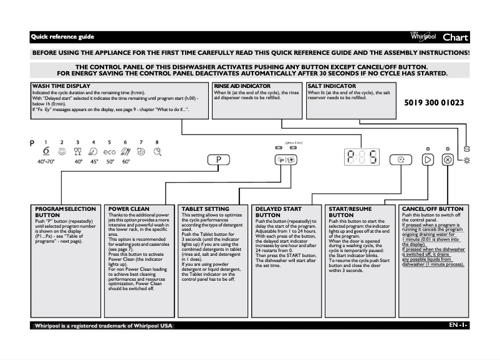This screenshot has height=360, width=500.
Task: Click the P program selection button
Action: (219, 160)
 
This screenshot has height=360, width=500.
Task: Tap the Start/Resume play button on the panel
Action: (427, 160)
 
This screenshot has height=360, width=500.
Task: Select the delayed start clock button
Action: (400, 160)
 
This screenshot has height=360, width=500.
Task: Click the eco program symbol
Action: (110, 152)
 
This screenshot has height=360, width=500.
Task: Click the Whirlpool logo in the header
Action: (423, 37)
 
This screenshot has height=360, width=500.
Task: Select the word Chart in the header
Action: (455, 37)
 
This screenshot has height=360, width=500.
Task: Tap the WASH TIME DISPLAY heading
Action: (61, 85)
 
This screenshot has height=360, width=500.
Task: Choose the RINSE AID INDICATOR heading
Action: (242, 85)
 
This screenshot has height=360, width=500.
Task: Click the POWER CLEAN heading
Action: (128, 209)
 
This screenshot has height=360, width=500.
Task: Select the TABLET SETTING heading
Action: (204, 209)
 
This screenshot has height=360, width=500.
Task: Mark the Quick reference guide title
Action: (62, 37)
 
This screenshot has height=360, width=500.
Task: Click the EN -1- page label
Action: (458, 326)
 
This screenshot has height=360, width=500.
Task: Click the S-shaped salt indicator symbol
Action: (467, 150)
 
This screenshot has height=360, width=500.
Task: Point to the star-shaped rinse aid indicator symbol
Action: (468, 161)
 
